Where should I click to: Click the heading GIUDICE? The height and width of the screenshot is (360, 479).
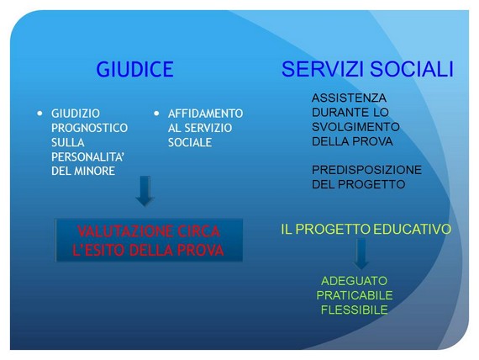click(x=134, y=69)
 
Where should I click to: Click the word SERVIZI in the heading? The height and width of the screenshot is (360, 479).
click(x=323, y=69)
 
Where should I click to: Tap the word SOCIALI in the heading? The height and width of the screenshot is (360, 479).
click(x=412, y=69)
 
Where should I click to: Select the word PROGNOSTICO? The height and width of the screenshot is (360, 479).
click(x=90, y=128)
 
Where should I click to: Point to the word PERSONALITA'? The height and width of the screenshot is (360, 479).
click(x=87, y=157)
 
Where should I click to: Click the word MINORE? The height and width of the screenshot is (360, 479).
click(x=95, y=171)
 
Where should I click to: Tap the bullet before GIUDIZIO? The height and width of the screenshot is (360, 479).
click(x=39, y=114)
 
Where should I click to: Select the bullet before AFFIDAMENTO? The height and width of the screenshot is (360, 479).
click(x=156, y=114)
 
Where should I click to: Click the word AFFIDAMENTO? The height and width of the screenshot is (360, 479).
click(x=205, y=114)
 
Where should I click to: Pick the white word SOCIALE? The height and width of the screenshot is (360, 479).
click(x=190, y=142)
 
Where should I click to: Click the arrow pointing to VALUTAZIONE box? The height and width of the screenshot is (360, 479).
click(x=145, y=191)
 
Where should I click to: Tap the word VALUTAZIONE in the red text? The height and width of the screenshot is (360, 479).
click(x=125, y=231)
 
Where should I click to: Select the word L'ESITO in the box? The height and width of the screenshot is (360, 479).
click(x=98, y=250)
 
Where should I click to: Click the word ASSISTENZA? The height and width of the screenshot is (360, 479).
click(x=350, y=98)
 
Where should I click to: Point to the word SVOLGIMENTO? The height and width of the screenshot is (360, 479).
click(x=356, y=127)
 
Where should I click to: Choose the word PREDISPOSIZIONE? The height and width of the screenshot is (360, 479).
click(x=367, y=170)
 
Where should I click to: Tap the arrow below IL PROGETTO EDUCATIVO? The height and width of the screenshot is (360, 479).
click(x=361, y=254)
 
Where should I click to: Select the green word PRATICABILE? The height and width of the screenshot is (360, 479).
click(x=355, y=295)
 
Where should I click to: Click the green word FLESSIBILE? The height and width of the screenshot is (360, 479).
click(x=355, y=310)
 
